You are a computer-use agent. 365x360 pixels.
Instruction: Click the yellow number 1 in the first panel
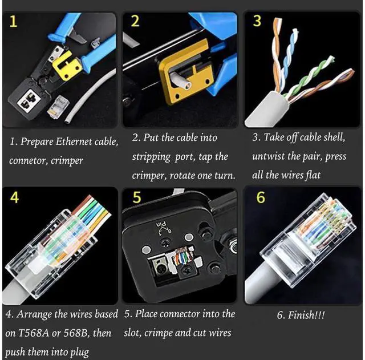[x=14, y=22]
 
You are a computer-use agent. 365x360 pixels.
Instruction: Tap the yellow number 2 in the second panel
[x=135, y=21]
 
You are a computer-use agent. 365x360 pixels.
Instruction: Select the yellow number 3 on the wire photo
[x=257, y=21]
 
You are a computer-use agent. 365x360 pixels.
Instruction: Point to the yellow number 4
[x=14, y=198]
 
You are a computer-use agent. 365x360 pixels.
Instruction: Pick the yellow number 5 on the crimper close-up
[x=137, y=197]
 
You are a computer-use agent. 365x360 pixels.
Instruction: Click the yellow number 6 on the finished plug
[x=261, y=197]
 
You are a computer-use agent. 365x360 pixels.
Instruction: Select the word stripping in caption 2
[x=151, y=157]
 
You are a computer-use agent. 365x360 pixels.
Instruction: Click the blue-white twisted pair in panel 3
[x=289, y=59]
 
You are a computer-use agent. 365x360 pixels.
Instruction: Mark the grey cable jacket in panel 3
[x=267, y=109]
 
